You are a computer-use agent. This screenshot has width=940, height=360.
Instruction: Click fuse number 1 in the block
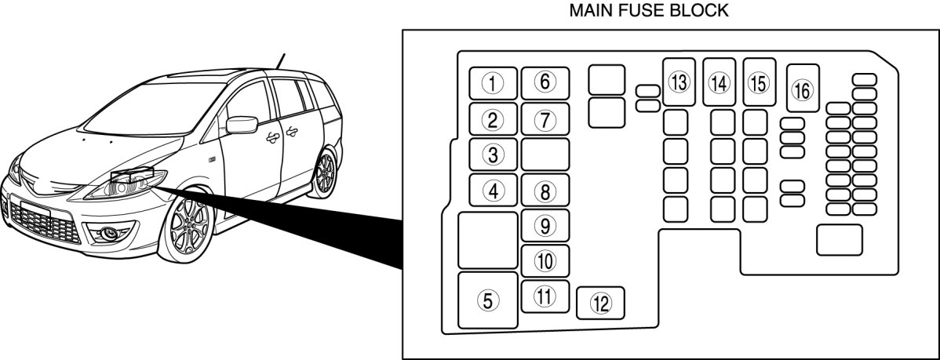click(x=493, y=83)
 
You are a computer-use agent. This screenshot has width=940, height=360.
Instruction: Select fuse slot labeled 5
click(x=488, y=300)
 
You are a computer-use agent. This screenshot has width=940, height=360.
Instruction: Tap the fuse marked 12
click(x=600, y=303)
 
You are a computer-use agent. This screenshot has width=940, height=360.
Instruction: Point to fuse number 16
click(x=803, y=88)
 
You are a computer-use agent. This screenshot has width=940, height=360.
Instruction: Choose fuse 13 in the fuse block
click(x=679, y=82)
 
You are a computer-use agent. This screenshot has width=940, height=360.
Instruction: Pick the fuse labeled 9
click(x=545, y=226)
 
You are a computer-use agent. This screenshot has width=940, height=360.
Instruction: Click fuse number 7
click(x=545, y=119)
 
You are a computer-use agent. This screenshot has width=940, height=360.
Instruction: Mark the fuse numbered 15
click(x=760, y=82)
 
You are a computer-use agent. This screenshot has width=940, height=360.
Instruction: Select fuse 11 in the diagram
click(x=545, y=296)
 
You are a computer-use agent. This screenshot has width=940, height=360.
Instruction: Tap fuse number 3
click(x=493, y=155)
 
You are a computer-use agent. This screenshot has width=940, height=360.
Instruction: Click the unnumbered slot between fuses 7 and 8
click(x=545, y=155)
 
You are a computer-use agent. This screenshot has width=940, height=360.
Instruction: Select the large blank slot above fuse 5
click(x=488, y=240)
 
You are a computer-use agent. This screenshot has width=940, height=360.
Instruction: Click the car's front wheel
click(x=187, y=224)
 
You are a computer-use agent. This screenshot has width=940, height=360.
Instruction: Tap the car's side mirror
click(x=242, y=125)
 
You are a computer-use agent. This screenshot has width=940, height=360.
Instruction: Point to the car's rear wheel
click(x=324, y=173)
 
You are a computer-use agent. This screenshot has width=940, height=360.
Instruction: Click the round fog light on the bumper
click(x=109, y=234)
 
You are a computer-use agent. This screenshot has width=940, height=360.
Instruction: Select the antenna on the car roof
click(x=279, y=62)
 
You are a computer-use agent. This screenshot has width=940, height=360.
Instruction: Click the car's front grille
click(x=45, y=224)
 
